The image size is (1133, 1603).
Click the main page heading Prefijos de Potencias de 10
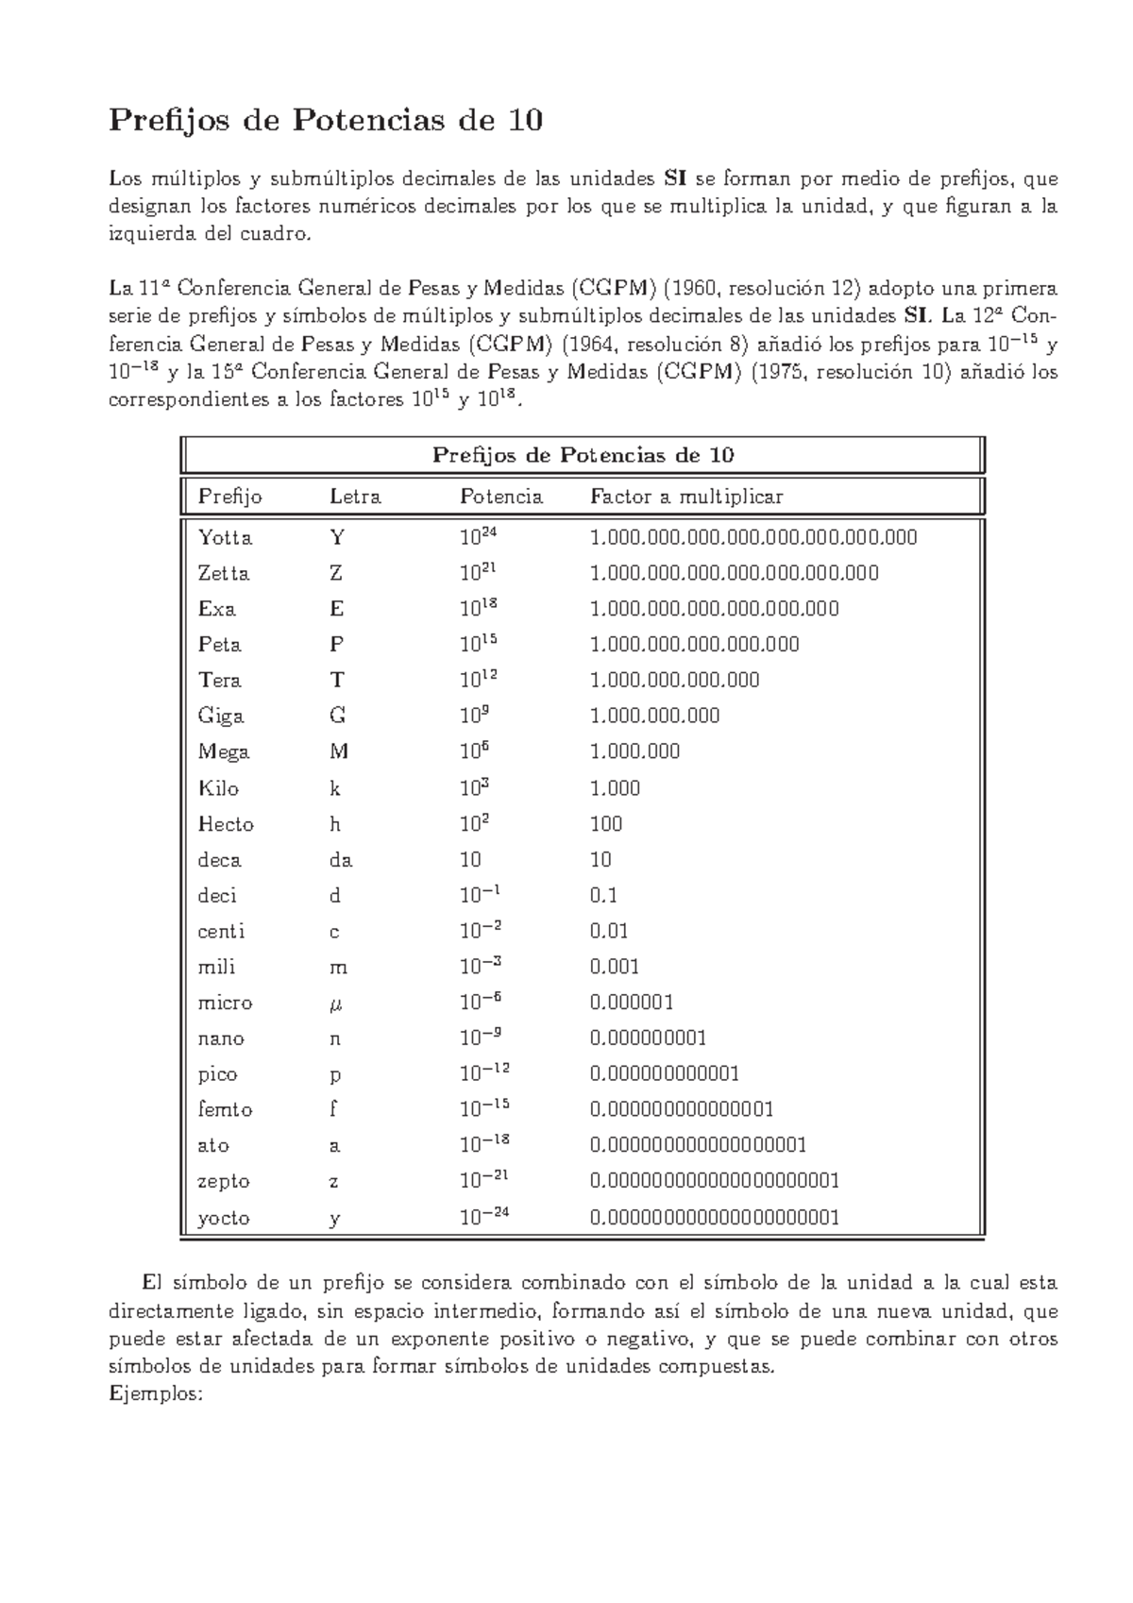tap(326, 120)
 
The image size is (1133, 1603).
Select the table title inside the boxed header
tap(583, 455)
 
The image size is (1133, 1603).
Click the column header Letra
tap(354, 497)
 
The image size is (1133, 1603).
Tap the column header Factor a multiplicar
tap(686, 497)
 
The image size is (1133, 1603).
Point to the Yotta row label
tap(225, 538)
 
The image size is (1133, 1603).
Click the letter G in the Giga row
tap(337, 716)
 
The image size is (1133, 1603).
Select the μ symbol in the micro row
tap(335, 1004)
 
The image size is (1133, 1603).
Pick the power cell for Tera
tap(478, 679)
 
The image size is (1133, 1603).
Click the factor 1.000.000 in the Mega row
tap(634, 751)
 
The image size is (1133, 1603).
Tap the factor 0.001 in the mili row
tap(615, 967)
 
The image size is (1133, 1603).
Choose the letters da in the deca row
tap(341, 860)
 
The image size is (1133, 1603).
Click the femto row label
tap(225, 1109)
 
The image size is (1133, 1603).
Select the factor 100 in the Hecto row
tap(606, 824)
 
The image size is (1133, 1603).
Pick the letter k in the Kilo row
tap(334, 788)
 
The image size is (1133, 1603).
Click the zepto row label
tap(224, 1181)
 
